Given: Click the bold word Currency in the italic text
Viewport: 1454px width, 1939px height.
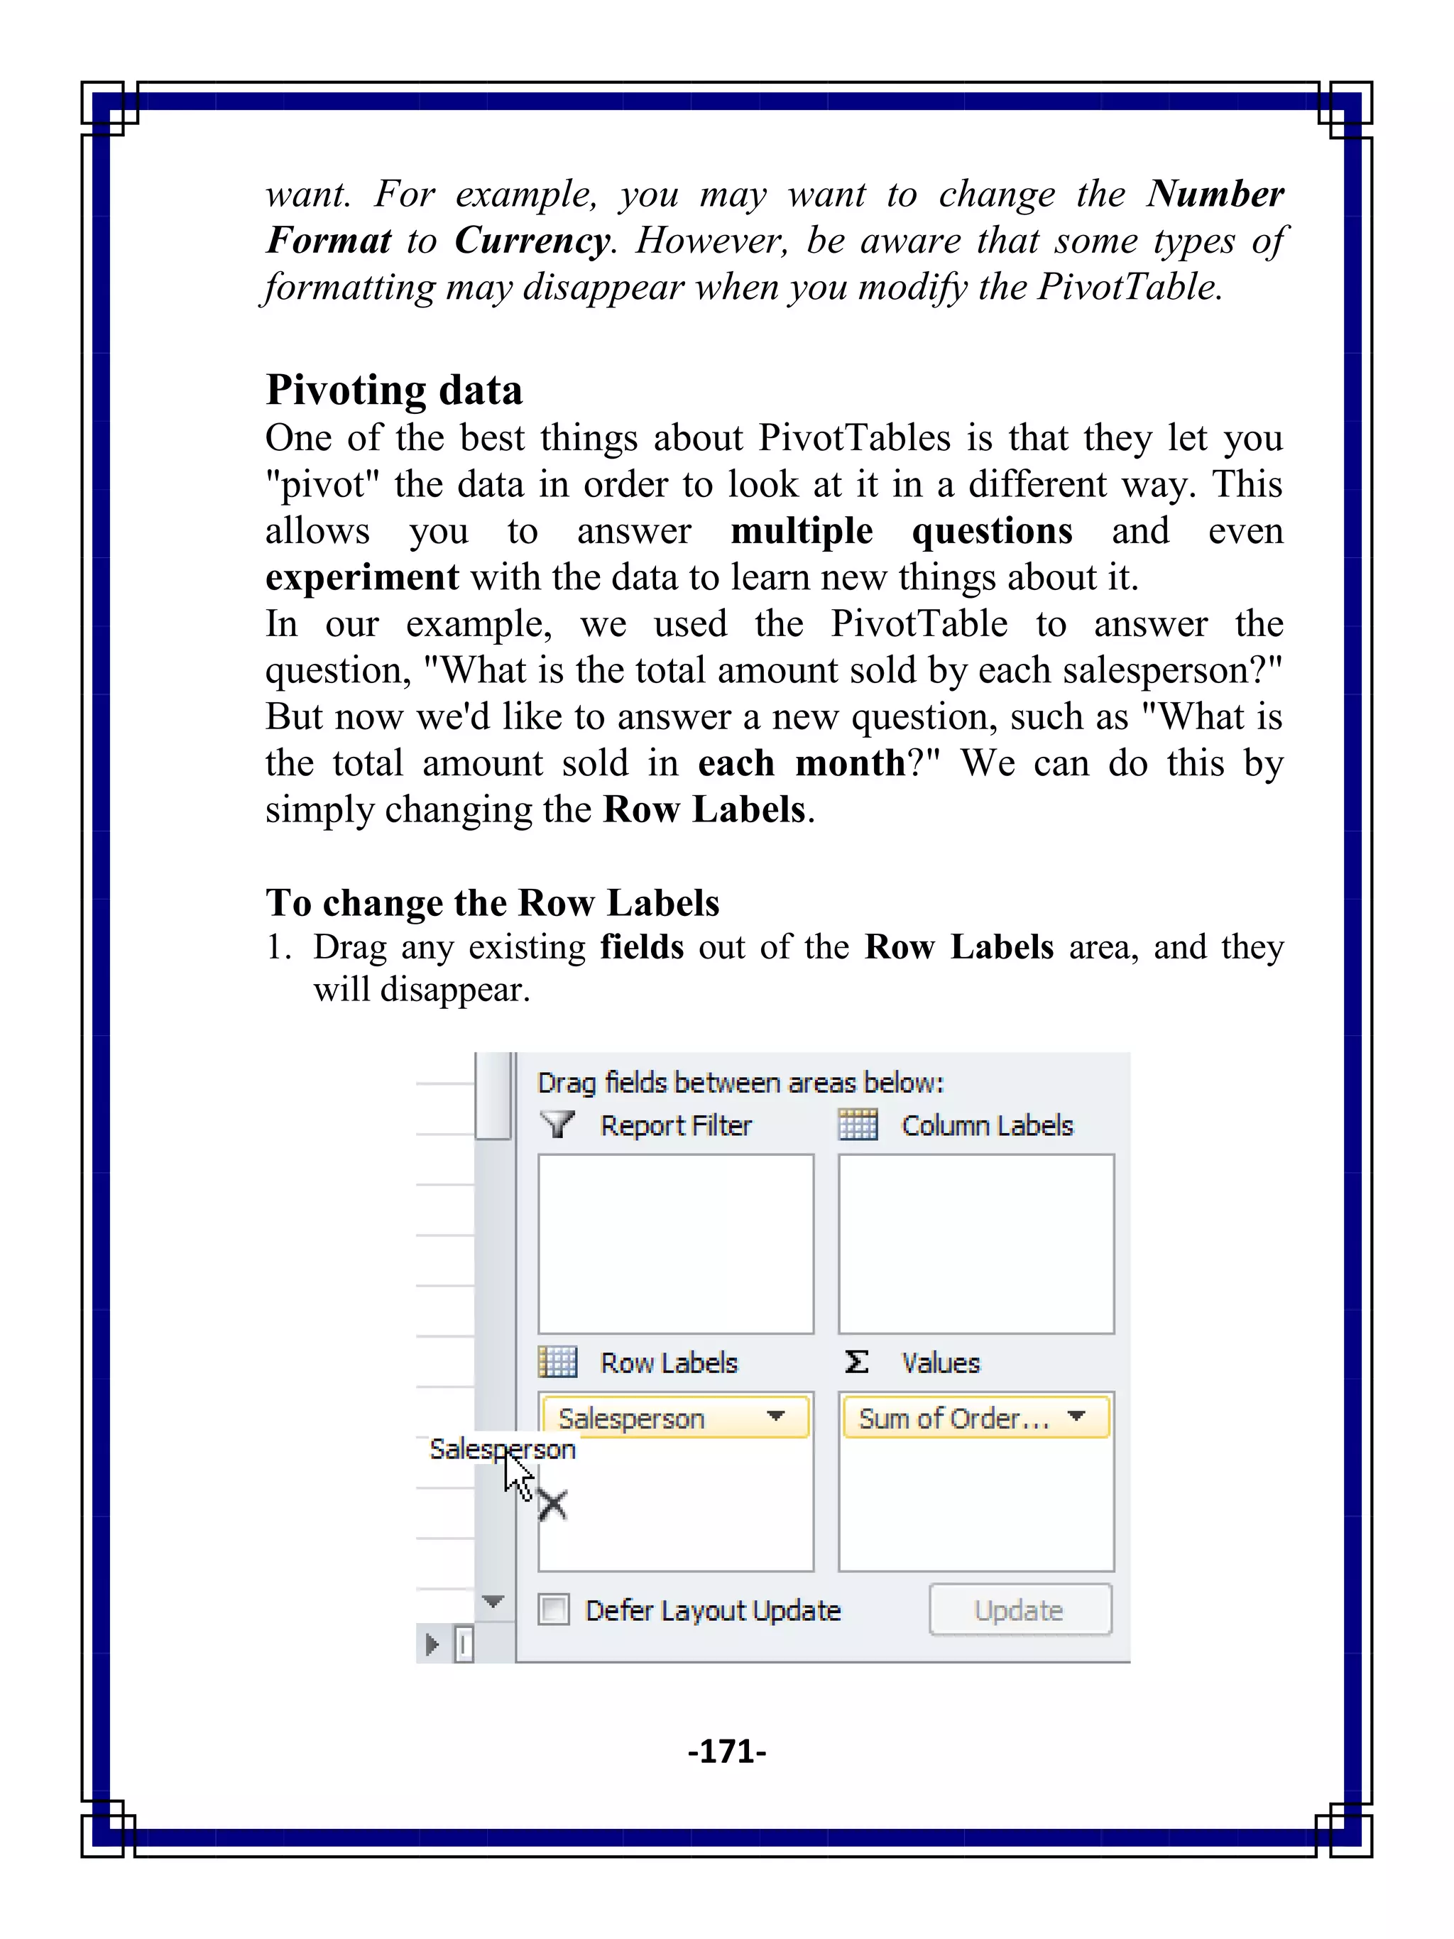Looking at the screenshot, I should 532,240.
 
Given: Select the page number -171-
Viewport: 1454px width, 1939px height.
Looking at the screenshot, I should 726,1751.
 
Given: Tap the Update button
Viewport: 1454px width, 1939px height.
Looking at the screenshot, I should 1020,1610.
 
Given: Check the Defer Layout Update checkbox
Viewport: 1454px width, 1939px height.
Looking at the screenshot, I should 554,1610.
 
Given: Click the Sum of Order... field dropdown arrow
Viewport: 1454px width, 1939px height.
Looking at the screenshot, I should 1077,1416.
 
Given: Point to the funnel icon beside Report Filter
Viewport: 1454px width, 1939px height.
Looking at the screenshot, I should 557,1124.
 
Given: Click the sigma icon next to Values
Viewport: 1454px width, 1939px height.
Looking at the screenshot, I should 856,1361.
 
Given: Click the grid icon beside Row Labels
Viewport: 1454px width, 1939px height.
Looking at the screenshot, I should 557,1361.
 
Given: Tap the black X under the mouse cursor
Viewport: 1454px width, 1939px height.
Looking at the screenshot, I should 552,1505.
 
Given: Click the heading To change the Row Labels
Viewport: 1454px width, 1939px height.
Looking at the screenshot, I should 492,903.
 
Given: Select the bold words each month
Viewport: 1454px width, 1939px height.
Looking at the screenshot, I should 801,763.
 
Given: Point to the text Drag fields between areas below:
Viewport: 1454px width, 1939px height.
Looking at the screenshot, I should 740,1083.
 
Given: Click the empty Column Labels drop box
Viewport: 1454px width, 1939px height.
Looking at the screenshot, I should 975,1243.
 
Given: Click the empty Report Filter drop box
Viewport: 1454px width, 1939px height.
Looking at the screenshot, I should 675,1243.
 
